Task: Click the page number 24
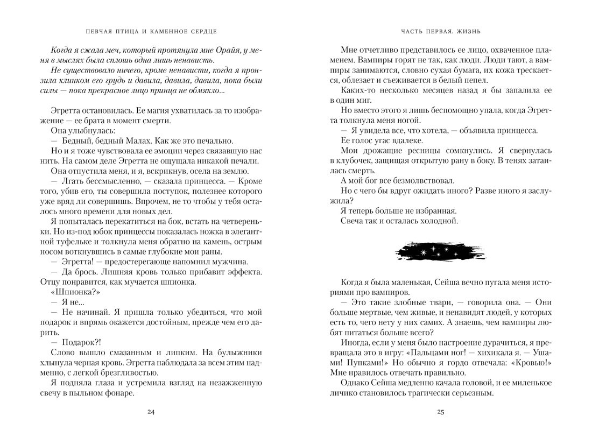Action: click(x=151, y=412)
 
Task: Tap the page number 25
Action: click(x=440, y=412)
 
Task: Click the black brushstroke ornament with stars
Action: click(x=441, y=251)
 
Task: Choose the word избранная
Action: click(x=432, y=210)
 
